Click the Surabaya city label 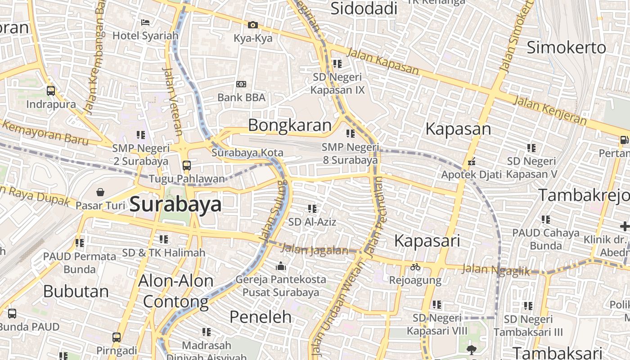[x=175, y=205]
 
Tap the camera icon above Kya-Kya [x=253, y=25]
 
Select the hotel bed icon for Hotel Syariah [x=145, y=22]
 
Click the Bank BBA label [x=241, y=97]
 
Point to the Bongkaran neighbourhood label [x=290, y=125]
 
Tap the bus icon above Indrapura [x=51, y=91]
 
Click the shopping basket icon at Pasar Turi [x=100, y=192]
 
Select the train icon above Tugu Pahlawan [x=187, y=165]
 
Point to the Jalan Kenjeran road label [x=550, y=110]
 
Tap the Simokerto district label [x=566, y=47]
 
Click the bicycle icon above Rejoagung [x=415, y=267]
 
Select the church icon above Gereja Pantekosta [x=281, y=266]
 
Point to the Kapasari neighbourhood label [x=427, y=241]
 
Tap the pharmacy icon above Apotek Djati [x=472, y=161]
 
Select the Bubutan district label [x=76, y=292]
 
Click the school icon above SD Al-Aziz [x=312, y=208]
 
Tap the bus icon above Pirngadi [x=117, y=337]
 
